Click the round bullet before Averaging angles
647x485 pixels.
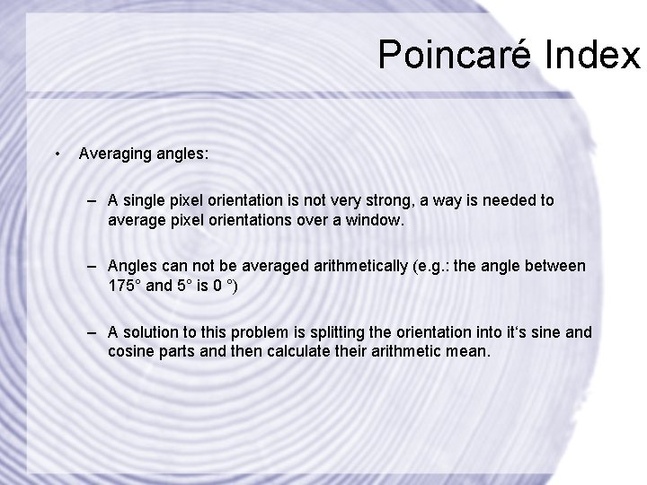point(57,154)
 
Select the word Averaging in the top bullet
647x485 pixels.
point(114,154)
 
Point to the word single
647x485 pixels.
point(148,201)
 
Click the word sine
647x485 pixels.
point(547,332)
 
